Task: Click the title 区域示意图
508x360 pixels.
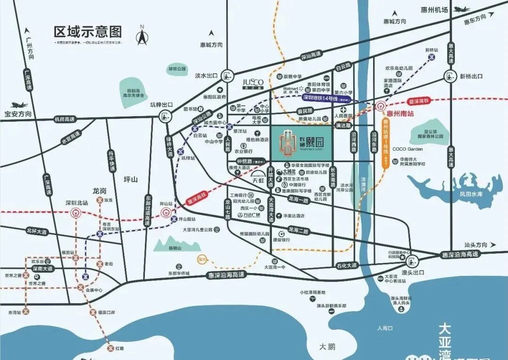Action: click(88, 32)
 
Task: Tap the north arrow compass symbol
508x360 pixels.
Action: click(142, 35)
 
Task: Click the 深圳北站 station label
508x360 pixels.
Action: click(76, 203)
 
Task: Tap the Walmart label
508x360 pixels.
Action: click(291, 88)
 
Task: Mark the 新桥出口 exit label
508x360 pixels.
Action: click(471, 76)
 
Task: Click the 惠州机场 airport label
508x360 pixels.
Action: click(434, 9)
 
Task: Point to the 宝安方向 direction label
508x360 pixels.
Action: click(18, 114)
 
